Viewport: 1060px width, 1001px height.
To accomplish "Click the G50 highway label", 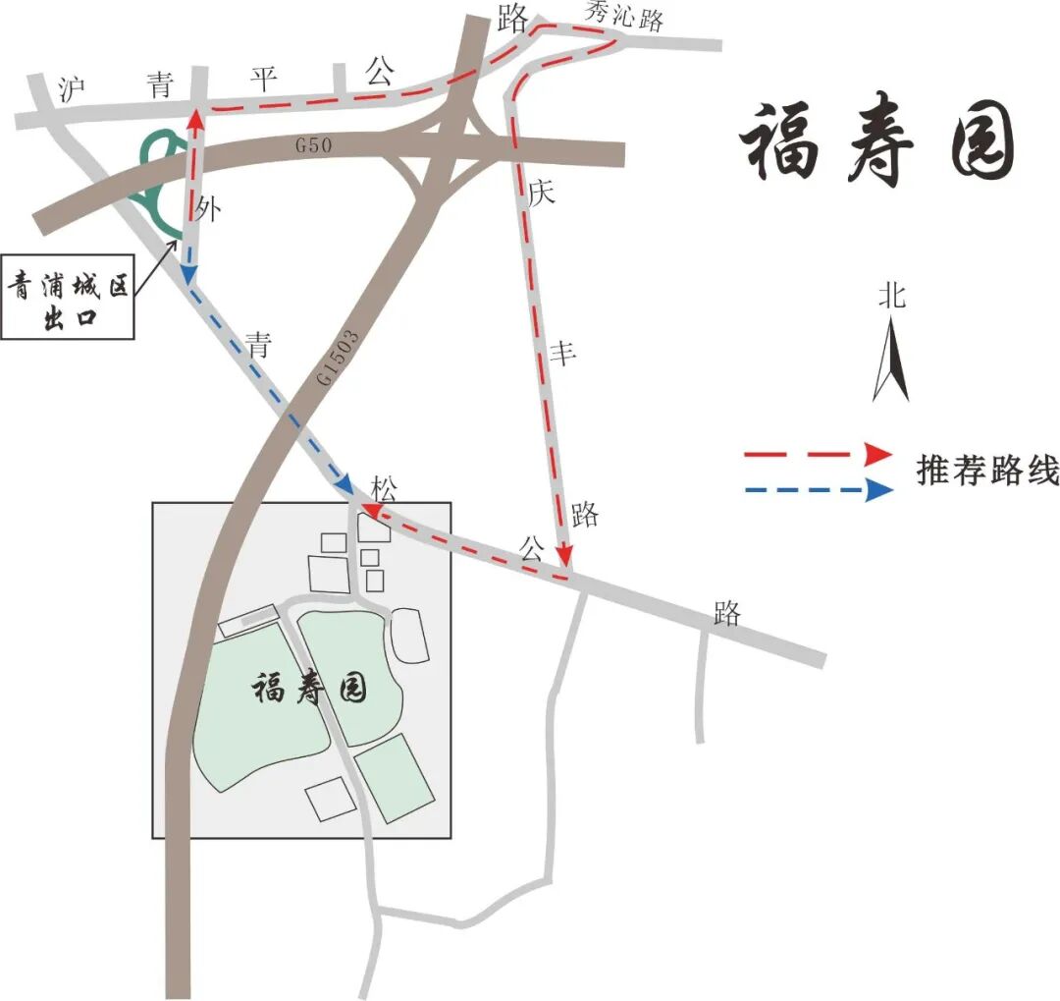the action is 315,145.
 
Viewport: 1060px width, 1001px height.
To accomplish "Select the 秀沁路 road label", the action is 624,17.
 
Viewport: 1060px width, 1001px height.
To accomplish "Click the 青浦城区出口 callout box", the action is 68,300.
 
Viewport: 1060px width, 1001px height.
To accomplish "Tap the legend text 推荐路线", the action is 987,472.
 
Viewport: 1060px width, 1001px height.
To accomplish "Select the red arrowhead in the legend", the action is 876,454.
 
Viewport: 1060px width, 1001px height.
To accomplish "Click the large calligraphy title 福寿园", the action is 876,145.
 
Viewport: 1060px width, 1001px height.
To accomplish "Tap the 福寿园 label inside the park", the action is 310,688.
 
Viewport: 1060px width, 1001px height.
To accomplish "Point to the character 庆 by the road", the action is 541,193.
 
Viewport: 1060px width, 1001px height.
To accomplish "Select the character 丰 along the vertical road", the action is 561,354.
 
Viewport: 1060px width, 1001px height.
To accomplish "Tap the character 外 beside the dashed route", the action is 207,209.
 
